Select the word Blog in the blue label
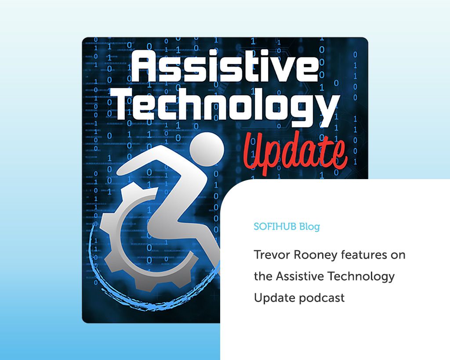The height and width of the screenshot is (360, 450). pos(309,227)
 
